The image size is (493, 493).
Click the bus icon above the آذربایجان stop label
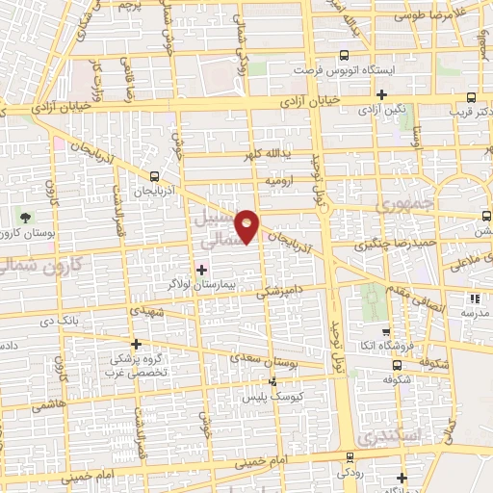155,175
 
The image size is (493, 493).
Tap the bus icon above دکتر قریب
471,97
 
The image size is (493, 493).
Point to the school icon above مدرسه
473,298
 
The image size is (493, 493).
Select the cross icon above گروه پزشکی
137,344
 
